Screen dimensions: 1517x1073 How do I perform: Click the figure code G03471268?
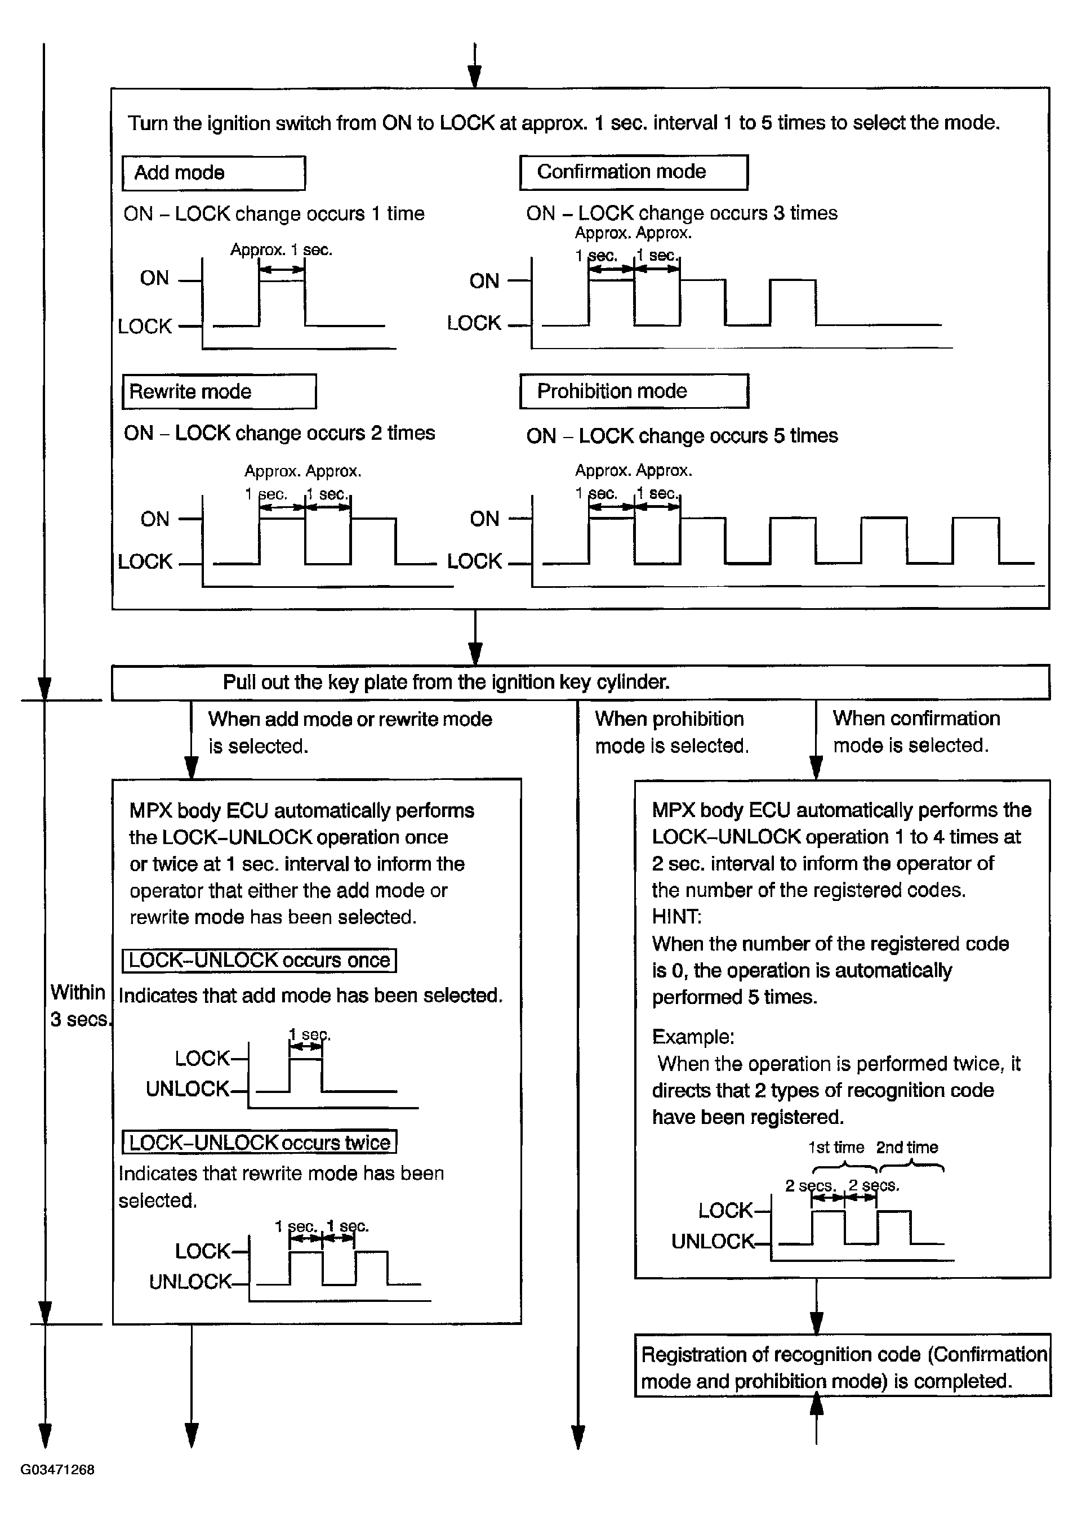pos(57,1470)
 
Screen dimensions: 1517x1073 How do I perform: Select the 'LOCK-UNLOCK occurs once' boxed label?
pos(259,960)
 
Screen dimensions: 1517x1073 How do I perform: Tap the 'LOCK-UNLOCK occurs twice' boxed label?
pos(259,1143)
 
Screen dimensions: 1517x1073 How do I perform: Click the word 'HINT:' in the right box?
pos(676,916)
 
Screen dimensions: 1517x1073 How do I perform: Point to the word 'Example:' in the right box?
pos(692,1037)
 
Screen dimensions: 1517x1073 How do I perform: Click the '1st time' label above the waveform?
pos(836,1148)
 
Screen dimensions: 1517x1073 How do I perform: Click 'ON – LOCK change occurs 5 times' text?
pos(682,436)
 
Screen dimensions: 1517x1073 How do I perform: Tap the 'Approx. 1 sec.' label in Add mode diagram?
pos(281,250)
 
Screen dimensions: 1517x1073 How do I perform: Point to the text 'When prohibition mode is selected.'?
pos(671,732)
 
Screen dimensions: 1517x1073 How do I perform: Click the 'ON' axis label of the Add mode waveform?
pos(154,278)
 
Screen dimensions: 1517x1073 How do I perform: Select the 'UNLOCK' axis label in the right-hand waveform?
pos(713,1242)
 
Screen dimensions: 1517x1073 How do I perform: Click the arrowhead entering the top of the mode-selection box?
pos(474,77)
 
